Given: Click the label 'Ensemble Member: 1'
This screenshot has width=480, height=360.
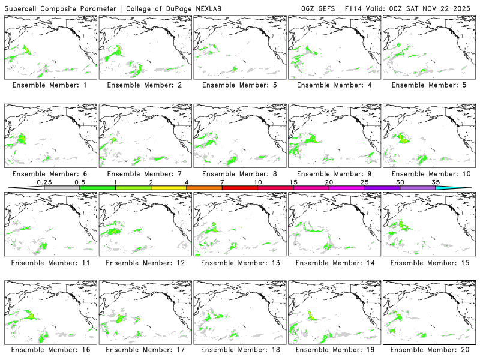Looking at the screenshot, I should point(52,85).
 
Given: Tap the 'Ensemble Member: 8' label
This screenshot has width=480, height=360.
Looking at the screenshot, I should point(240,174).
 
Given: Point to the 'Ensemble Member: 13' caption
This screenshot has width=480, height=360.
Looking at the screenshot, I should point(240,262).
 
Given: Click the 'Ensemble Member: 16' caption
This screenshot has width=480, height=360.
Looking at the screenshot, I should point(52,350).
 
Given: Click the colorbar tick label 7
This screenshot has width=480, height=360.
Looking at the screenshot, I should point(222,182).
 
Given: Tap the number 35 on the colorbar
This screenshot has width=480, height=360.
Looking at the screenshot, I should point(436,182).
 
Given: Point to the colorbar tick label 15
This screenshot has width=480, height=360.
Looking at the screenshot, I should point(293,182).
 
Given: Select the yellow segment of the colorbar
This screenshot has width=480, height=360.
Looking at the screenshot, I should point(169,188).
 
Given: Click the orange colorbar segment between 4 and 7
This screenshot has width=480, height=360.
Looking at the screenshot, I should point(204,188).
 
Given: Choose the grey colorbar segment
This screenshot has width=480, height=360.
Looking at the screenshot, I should point(62,188).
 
